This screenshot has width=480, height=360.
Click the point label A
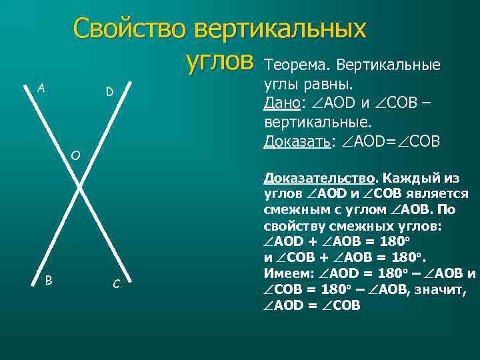click(41, 87)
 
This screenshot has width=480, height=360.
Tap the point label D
click(109, 91)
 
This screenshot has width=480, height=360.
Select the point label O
click(75, 156)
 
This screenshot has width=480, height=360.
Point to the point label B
click(48, 280)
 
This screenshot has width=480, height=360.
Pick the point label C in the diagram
click(116, 285)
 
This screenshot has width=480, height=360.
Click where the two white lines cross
click(80, 189)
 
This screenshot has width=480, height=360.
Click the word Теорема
click(297, 66)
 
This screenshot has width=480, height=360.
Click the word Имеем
click(285, 274)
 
